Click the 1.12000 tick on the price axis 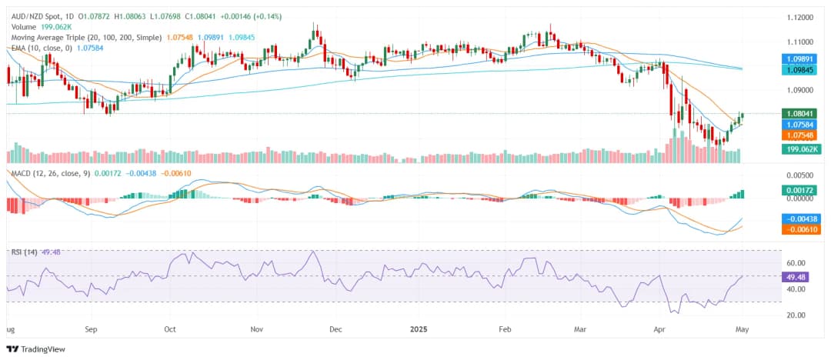[x=800, y=17]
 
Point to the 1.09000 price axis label [x=800, y=89]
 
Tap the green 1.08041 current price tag [x=801, y=113]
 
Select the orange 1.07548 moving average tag [x=801, y=135]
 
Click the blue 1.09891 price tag [x=801, y=58]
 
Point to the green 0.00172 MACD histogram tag [x=801, y=188]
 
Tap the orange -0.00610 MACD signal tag [x=801, y=229]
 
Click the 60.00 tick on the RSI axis [x=797, y=262]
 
